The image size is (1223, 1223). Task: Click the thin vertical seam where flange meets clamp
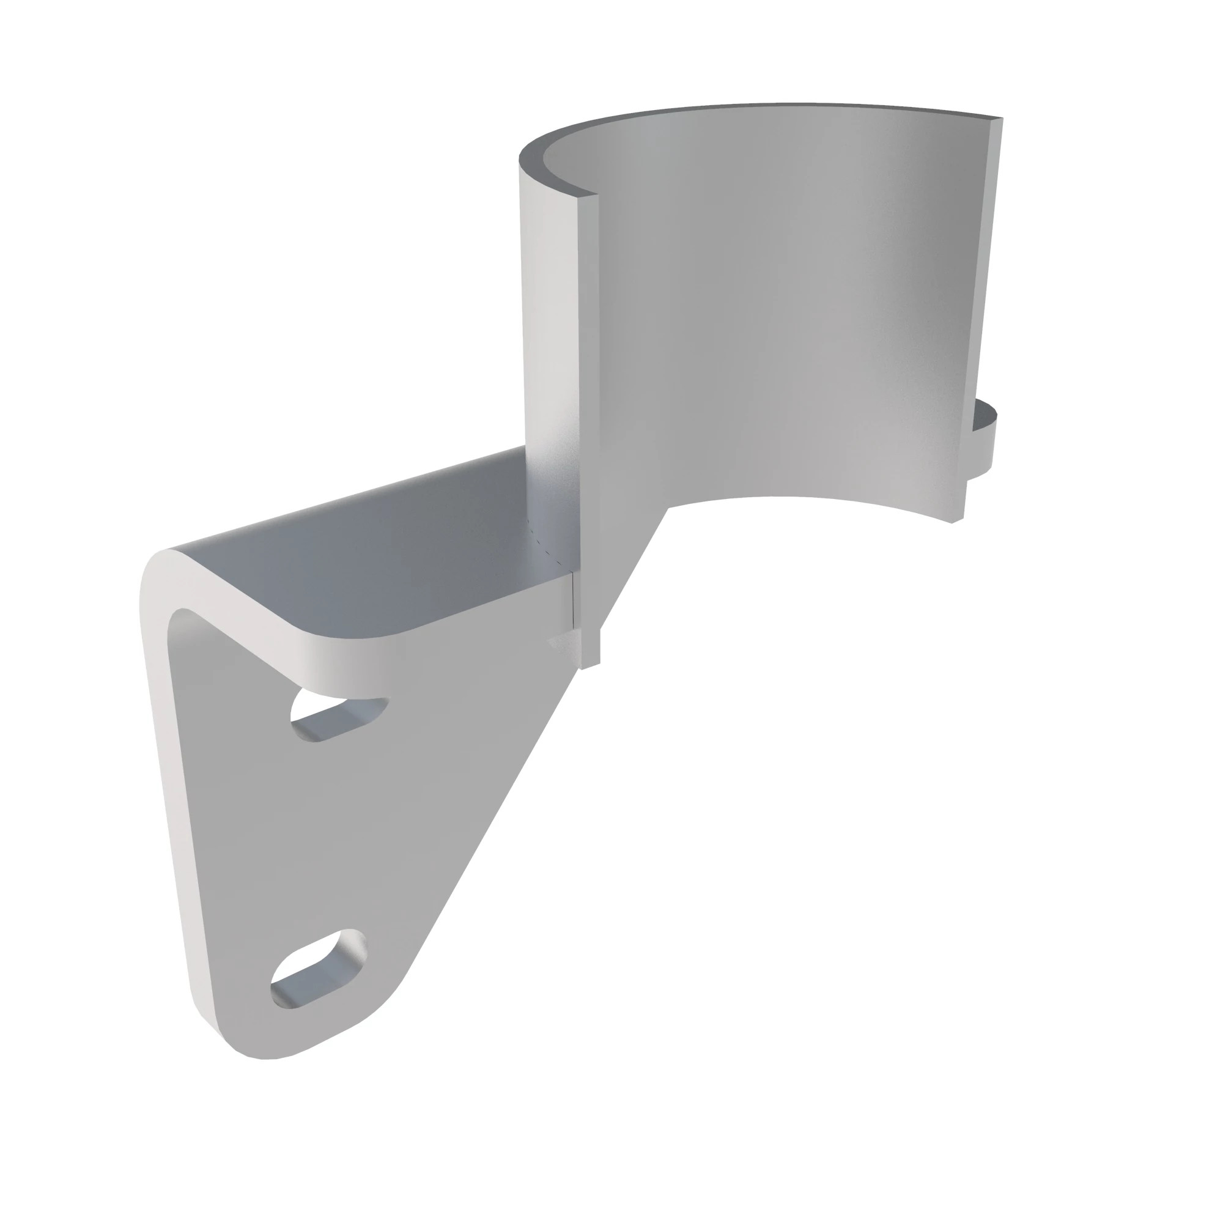pyautogui.click(x=574, y=601)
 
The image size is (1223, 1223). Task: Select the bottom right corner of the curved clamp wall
pyautogui.click(x=956, y=521)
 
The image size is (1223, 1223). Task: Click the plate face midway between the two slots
pyautogui.click(x=329, y=842)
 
